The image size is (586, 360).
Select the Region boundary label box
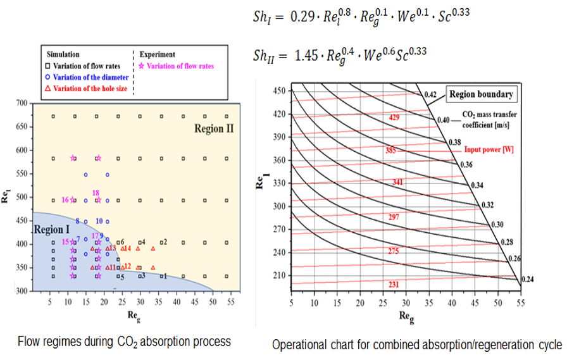pyautogui.click(x=481, y=95)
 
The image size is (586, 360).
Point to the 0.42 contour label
pyautogui.click(x=430, y=96)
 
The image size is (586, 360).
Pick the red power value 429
pyautogui.click(x=394, y=118)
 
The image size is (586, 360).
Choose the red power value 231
pyautogui.click(x=394, y=285)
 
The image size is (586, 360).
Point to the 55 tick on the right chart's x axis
pyautogui.click(x=520, y=302)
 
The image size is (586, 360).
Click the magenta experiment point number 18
pyautogui.click(x=96, y=193)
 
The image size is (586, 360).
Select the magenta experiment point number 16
pyautogui.click(x=65, y=200)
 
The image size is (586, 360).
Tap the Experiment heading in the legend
pyautogui.click(x=157, y=54)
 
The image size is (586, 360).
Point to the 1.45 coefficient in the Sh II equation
pyautogui.click(x=306, y=56)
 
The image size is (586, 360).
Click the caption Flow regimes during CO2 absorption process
pyautogui.click(x=125, y=342)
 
